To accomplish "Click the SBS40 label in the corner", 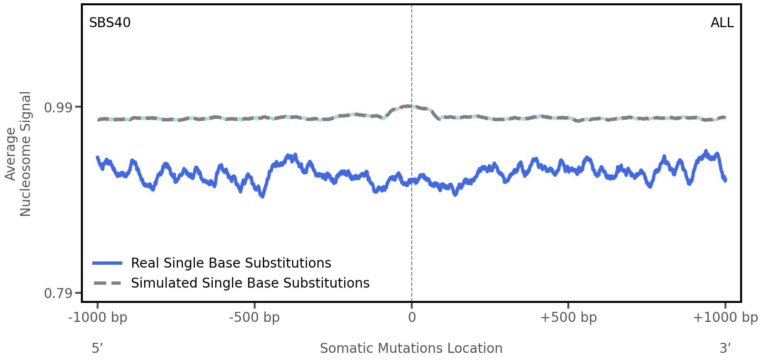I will click(109, 23).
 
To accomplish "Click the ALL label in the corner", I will click(722, 23).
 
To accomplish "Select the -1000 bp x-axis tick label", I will click(98, 318).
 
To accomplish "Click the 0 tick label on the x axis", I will click(412, 318).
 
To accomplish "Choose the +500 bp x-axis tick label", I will click(568, 318).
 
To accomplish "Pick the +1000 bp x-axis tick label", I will click(725, 318).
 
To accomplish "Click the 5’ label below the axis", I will click(97, 349).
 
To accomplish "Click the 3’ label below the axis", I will click(725, 349).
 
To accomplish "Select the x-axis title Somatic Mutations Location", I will click(411, 349).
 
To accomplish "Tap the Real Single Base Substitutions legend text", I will click(231, 263).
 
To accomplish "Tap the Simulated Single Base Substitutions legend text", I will click(250, 283).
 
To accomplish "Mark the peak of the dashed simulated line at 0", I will click(409, 106).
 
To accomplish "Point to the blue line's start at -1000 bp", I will click(98, 157).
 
